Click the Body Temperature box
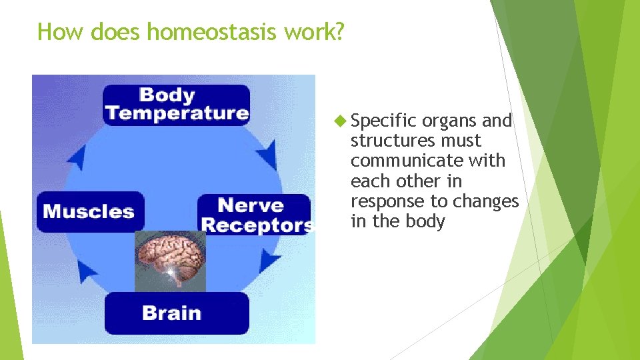(x=176, y=105)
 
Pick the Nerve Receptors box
(x=255, y=215)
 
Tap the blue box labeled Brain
(x=176, y=313)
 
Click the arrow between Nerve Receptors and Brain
(x=270, y=260)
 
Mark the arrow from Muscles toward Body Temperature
(x=77, y=157)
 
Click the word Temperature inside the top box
(x=177, y=113)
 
